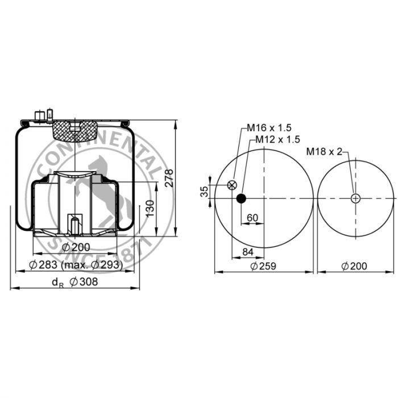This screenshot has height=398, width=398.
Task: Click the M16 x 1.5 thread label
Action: [x=269, y=128]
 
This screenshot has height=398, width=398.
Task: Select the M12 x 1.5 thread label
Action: [x=277, y=139]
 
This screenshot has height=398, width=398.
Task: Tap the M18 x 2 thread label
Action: [x=324, y=152]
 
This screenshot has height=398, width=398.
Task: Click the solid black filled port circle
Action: [x=241, y=198]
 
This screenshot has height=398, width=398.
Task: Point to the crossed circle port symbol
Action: [x=232, y=185]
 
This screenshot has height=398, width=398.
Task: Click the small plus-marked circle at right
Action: [x=355, y=198]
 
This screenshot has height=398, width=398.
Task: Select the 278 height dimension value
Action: [x=169, y=178]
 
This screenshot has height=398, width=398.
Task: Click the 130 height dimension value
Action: [x=150, y=209]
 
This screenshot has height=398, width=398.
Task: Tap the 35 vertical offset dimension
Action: [x=204, y=192]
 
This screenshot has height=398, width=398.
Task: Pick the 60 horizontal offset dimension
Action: [x=252, y=218]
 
